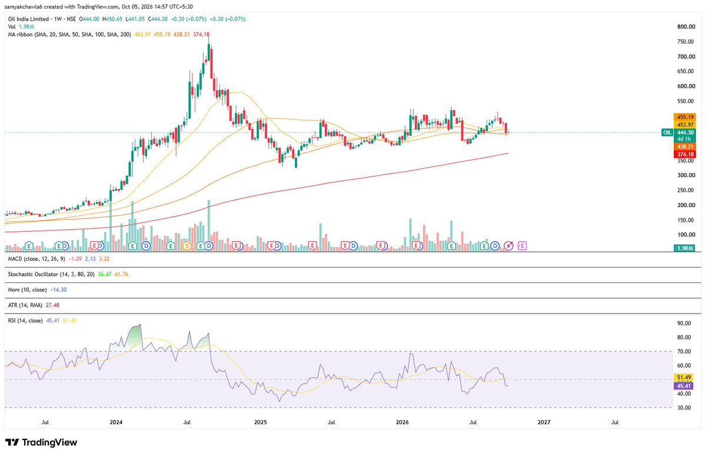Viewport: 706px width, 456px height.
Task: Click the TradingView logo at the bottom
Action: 41,442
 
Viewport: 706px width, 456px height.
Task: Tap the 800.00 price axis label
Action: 686,27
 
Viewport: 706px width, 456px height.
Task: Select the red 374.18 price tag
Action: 685,154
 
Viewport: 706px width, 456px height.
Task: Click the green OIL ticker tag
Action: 667,132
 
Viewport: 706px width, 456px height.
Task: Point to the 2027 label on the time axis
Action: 544,422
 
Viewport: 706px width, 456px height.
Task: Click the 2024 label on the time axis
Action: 116,422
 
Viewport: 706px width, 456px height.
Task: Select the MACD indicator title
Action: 36,259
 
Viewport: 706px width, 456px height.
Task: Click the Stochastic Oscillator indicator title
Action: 51,274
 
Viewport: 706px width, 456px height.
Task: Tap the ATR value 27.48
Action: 52,305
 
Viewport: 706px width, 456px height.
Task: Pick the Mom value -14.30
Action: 58,289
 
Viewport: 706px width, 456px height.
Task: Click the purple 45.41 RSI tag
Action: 683,386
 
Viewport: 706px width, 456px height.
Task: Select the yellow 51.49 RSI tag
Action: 683,377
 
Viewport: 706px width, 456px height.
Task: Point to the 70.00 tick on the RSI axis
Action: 684,351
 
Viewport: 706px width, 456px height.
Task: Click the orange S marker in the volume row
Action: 187,246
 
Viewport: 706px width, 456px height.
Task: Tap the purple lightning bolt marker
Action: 509,246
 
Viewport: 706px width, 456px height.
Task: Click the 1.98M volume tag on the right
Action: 684,248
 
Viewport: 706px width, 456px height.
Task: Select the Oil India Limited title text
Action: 28,19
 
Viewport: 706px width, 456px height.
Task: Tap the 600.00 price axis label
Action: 686,86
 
